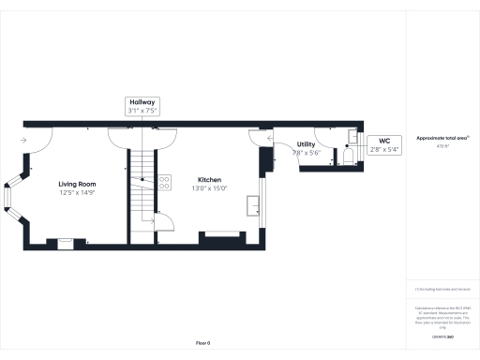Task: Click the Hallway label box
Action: (x=142, y=106)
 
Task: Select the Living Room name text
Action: (x=78, y=184)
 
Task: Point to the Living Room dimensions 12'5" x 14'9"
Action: (x=78, y=192)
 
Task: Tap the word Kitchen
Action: (x=209, y=178)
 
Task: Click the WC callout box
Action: (x=384, y=143)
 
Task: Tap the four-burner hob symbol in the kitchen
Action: (x=164, y=182)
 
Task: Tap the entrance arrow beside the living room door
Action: (x=22, y=142)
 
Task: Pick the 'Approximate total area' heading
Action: (x=442, y=137)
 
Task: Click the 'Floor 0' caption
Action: (x=202, y=343)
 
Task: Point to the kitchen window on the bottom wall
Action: (x=222, y=232)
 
